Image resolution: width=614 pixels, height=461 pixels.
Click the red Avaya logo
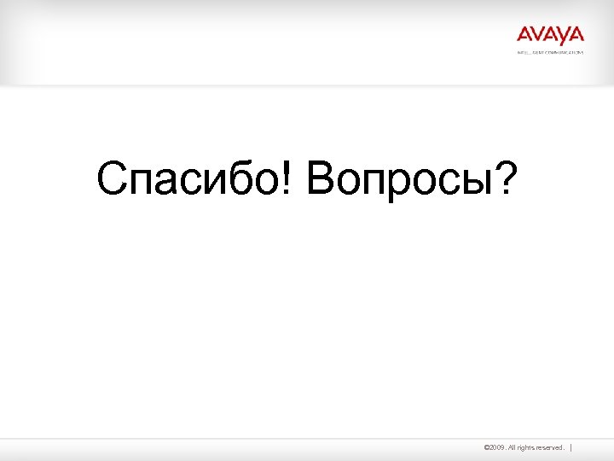pyautogui.click(x=550, y=35)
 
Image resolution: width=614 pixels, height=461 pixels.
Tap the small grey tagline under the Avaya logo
pyautogui.click(x=550, y=52)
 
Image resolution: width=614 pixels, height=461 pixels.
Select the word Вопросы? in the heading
pyautogui.click(x=410, y=179)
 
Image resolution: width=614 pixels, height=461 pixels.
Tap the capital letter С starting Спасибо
pyautogui.click(x=113, y=179)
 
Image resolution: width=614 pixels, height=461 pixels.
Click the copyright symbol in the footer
pyautogui.click(x=486, y=447)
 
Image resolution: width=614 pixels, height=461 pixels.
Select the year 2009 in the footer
pyautogui.click(x=497, y=447)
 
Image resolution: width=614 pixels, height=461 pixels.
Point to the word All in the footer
pyautogui.click(x=513, y=447)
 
